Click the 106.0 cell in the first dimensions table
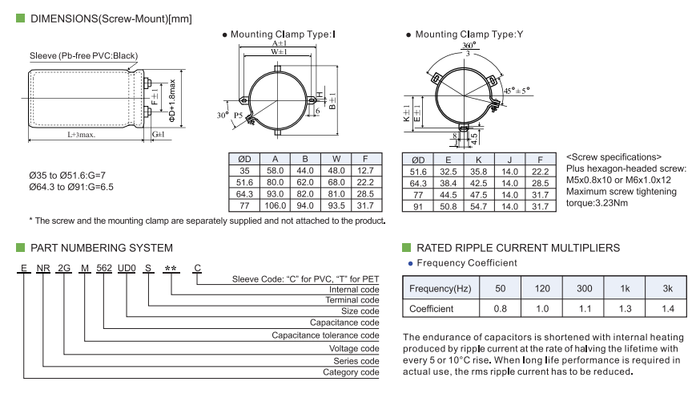pos(275,205)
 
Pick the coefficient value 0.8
pos(501,308)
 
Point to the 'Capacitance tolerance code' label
pos(325,335)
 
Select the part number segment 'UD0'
pos(127,269)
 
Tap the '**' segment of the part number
pos(170,269)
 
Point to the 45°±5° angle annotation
pos(517,91)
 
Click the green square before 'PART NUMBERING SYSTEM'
pos(20,248)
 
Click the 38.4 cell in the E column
pos(449,183)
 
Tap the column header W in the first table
pos(336,159)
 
